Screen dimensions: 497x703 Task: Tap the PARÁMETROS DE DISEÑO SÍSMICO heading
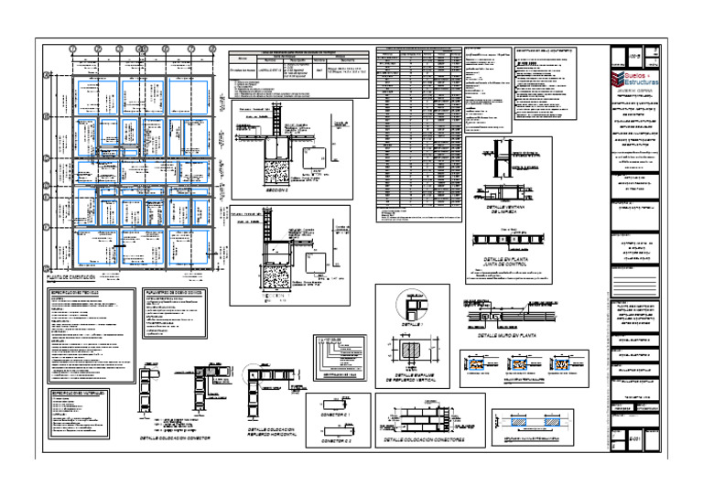click(x=178, y=291)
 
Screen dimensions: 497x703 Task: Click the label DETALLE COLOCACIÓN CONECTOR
click(x=174, y=438)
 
